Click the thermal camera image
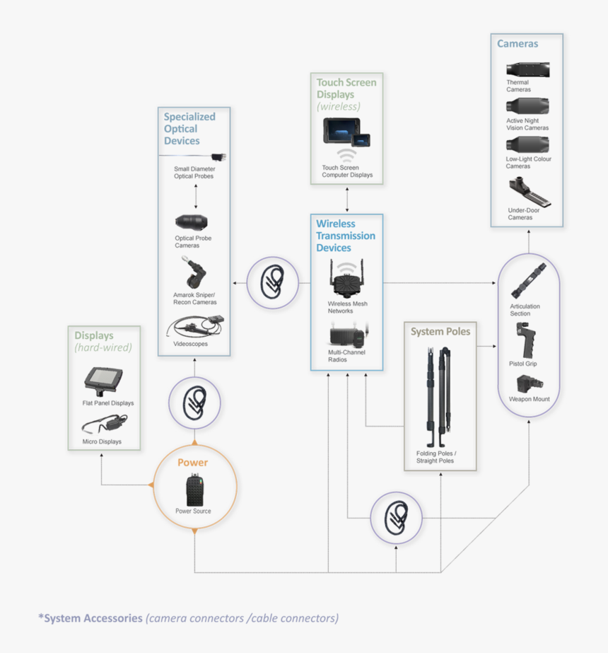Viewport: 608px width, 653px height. [527, 69]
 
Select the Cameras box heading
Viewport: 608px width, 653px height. [518, 44]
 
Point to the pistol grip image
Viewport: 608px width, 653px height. [527, 340]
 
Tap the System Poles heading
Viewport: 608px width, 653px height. [440, 331]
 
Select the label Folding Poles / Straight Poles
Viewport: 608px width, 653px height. [436, 457]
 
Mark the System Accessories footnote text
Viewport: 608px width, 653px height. [188, 618]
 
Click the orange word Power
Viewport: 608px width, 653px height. [192, 463]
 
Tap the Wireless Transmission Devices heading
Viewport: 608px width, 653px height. [346, 236]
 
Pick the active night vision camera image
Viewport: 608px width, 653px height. [527, 107]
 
